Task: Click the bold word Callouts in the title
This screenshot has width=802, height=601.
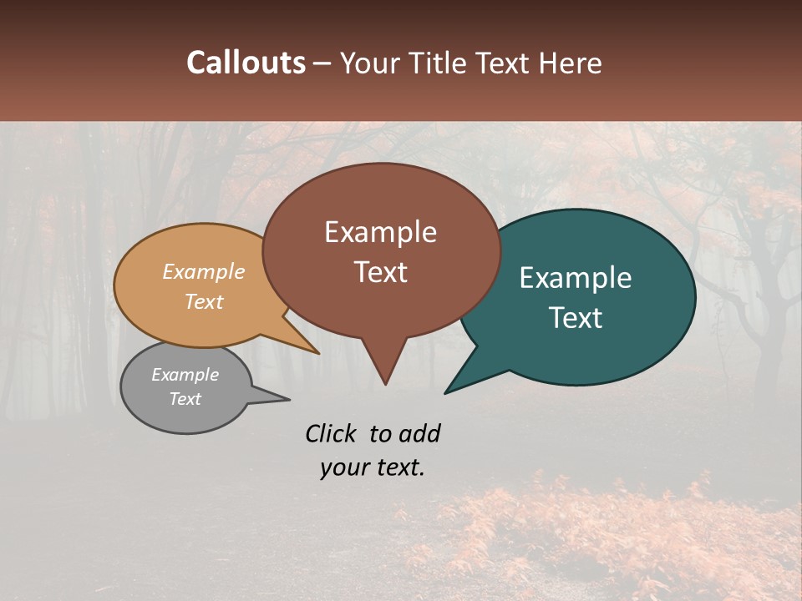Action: pyautogui.click(x=246, y=63)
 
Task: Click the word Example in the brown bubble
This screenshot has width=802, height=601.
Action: pyautogui.click(x=380, y=232)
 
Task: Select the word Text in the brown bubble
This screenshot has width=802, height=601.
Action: pyautogui.click(x=380, y=272)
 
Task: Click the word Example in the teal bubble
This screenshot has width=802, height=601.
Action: pyautogui.click(x=576, y=278)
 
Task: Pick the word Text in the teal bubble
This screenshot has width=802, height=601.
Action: pyautogui.click(x=576, y=318)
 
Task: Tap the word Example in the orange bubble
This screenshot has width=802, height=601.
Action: pyautogui.click(x=203, y=272)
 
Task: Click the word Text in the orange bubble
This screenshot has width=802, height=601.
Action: pyautogui.click(x=203, y=301)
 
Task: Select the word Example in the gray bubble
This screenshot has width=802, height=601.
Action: pyautogui.click(x=185, y=375)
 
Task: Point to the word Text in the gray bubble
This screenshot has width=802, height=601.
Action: pyautogui.click(x=185, y=399)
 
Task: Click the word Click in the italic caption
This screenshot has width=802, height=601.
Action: pyautogui.click(x=332, y=433)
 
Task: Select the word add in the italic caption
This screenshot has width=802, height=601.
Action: pyautogui.click(x=419, y=433)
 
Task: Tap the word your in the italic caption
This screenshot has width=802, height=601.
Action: pyautogui.click(x=343, y=467)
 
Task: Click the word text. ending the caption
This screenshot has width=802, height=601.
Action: pyautogui.click(x=398, y=467)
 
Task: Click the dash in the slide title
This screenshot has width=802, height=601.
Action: pyautogui.click(x=322, y=63)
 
